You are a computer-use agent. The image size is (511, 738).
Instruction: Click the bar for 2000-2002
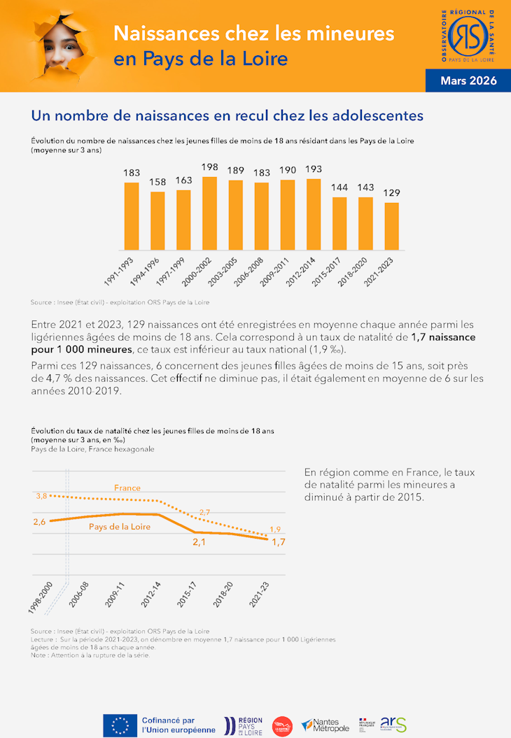(209, 213)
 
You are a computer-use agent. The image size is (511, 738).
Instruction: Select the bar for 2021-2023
(391, 227)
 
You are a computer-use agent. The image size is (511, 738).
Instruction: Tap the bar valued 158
(157, 221)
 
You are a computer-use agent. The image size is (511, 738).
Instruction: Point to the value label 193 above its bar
(314, 170)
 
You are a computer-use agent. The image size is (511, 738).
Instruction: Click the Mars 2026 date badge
(468, 81)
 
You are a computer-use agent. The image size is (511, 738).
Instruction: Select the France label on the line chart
(127, 488)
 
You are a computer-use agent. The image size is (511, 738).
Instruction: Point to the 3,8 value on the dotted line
(41, 496)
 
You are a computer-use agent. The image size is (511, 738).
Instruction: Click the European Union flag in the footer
(120, 725)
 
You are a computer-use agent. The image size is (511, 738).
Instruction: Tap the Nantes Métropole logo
(325, 725)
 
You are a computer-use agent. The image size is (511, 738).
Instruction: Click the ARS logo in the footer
(393, 725)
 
